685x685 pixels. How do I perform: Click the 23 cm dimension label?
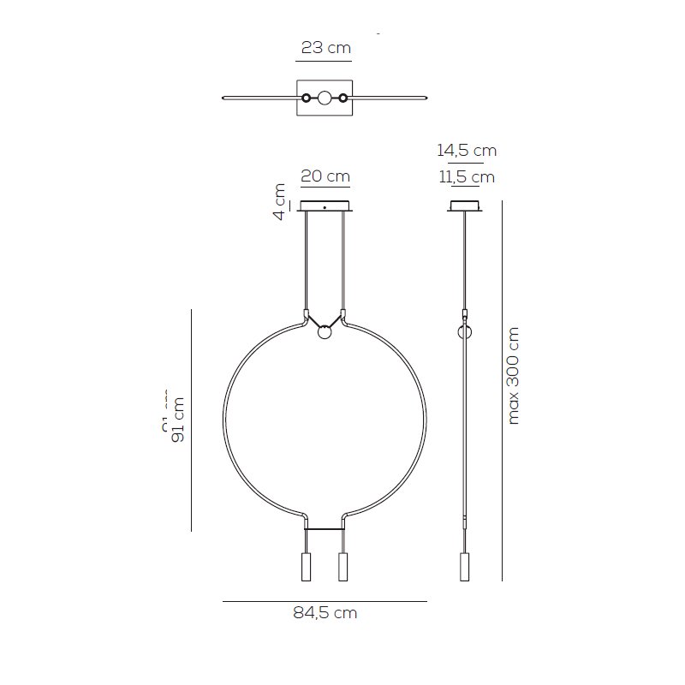pos(325,48)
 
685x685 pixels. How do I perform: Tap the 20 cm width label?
pos(325,176)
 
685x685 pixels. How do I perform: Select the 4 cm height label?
pos(279,201)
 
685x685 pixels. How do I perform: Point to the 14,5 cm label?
pos(467,150)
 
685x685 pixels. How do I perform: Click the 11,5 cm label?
pos(467,177)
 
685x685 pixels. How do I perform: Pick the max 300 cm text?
pos(514,375)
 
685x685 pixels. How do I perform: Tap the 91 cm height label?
pos(178,420)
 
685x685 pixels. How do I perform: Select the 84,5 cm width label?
pos(325,613)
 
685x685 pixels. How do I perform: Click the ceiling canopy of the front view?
pos(325,206)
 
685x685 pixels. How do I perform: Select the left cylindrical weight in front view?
pos(307,567)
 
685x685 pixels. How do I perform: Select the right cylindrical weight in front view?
pos(343,567)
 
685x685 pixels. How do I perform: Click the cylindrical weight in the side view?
pos(465,567)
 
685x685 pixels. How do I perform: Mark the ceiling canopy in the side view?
pos(466,206)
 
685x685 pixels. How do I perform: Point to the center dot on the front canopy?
pos(325,206)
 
